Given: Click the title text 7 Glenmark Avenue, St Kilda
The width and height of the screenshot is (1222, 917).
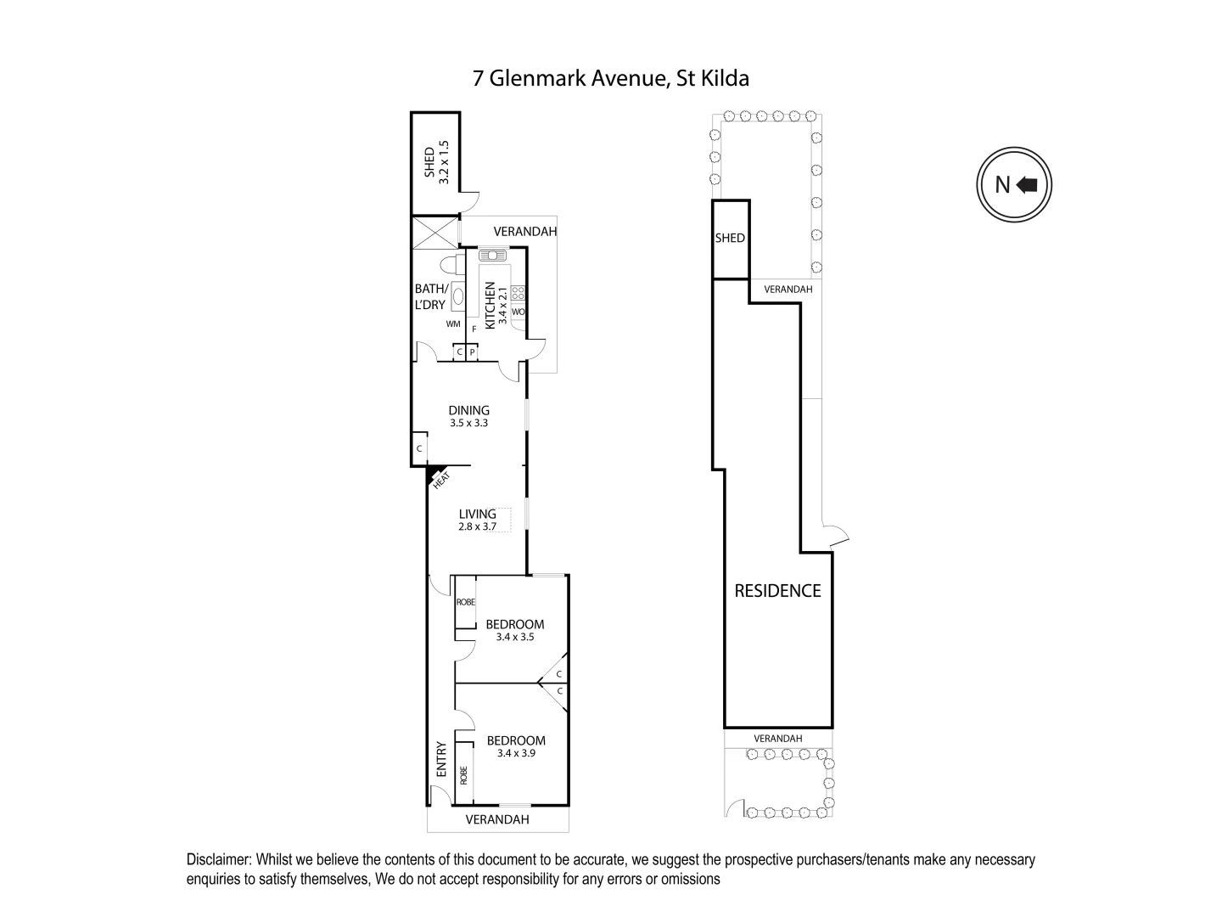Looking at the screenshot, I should coord(611,79).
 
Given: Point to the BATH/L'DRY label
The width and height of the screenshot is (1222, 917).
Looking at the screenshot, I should coord(430,297).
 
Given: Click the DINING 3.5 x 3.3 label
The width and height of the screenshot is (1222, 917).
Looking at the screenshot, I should coord(468,416).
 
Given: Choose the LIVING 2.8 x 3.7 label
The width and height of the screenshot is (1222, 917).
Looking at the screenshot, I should coord(477,519).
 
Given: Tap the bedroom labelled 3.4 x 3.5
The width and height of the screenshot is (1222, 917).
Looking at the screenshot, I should coord(515,630).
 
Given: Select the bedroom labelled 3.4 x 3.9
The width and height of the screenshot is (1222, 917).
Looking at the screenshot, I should coord(516,745).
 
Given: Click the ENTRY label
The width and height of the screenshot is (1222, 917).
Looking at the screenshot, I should coord(440,760).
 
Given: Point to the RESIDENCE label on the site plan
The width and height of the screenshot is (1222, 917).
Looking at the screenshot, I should coord(777,591).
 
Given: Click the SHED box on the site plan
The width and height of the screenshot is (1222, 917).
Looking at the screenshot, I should coord(730,239).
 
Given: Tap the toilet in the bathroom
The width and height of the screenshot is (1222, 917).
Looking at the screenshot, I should coord(451,262).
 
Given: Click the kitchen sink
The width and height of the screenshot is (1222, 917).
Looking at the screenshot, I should coord(491,255).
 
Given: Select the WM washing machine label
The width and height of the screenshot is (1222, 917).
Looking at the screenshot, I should coord(452,324).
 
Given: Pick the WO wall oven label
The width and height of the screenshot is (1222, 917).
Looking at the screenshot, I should coord(518,312).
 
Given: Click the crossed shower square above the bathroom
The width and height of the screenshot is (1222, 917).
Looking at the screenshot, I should coord(434,232).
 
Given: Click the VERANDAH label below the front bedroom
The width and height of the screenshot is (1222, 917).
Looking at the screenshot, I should coord(497,819).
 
